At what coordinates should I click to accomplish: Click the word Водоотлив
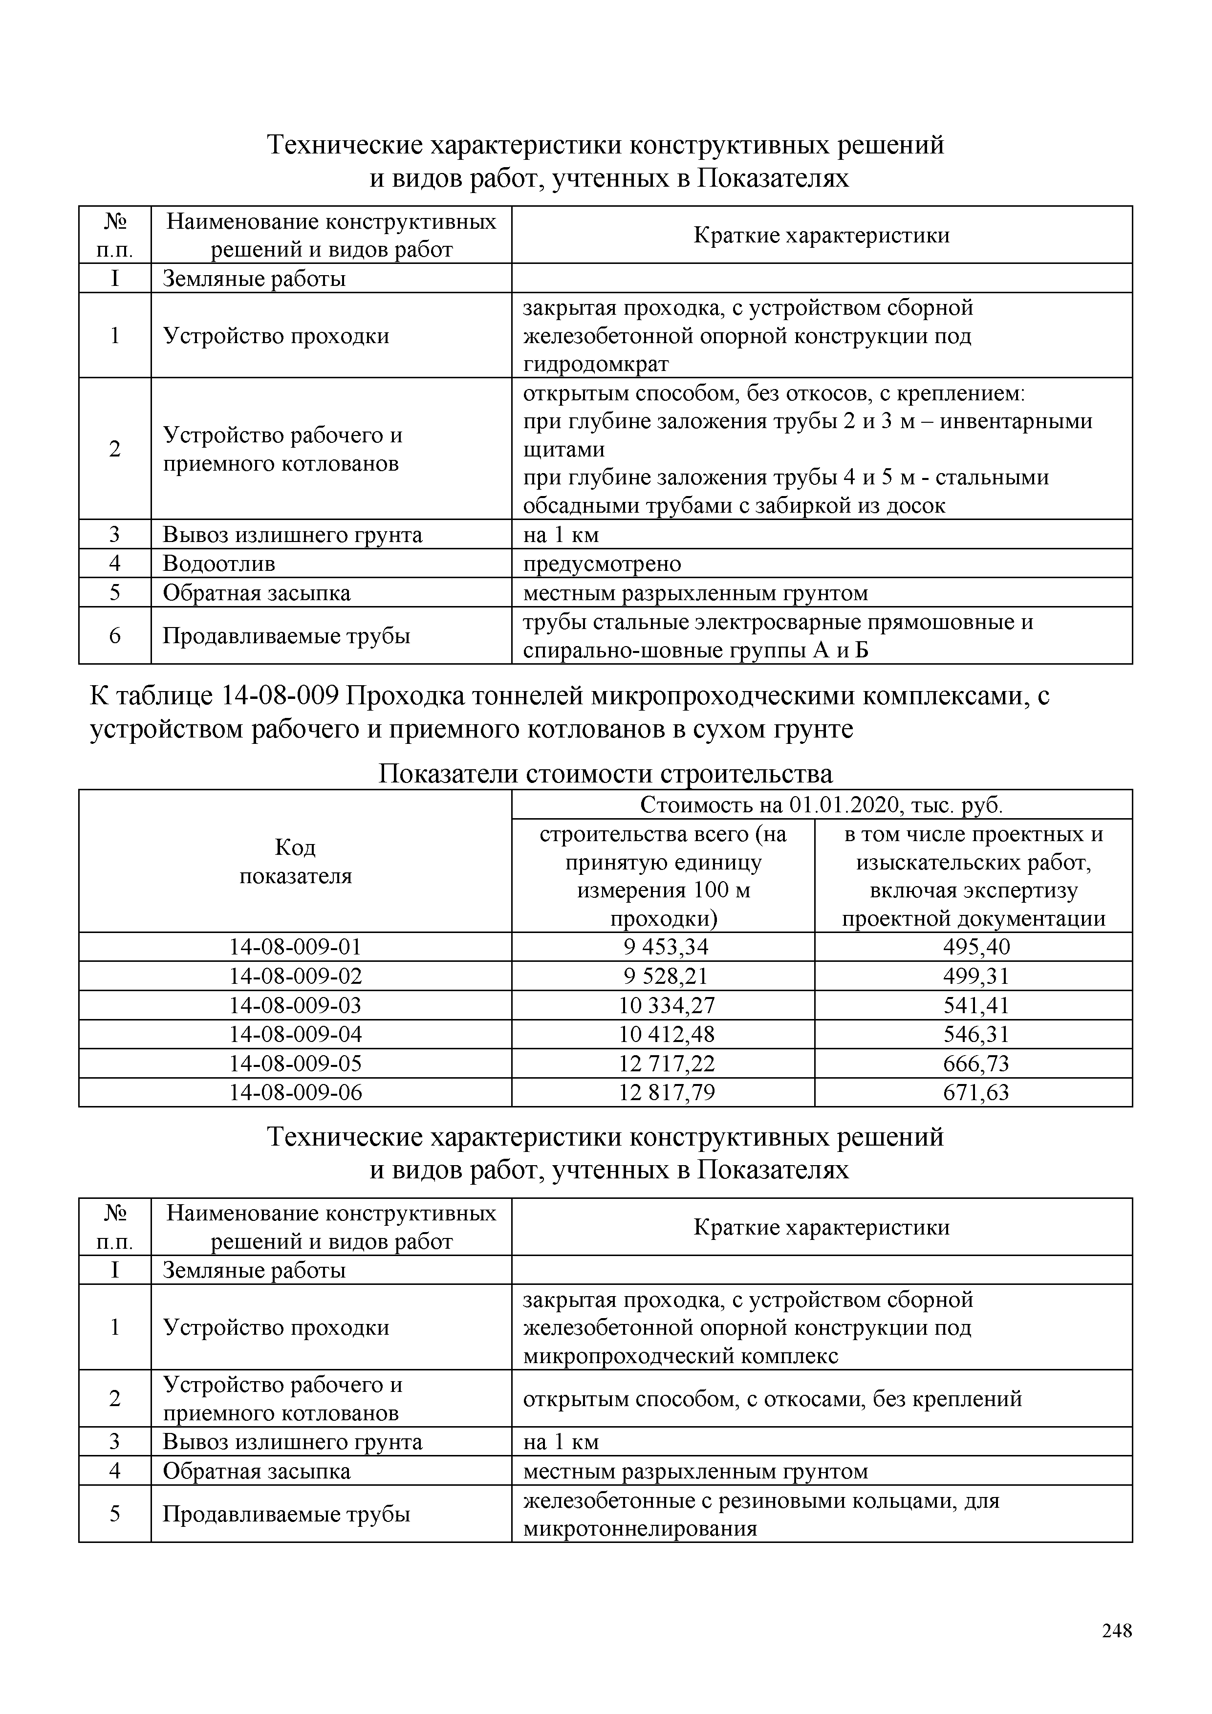(x=218, y=564)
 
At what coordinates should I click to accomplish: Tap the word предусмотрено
(x=602, y=564)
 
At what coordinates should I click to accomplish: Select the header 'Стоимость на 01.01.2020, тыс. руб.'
(x=822, y=805)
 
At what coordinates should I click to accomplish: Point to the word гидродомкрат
(x=596, y=364)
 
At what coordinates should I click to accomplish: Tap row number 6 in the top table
(x=115, y=636)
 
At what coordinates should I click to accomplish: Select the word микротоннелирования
(x=640, y=1529)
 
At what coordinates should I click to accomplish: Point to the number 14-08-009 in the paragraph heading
(x=280, y=696)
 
